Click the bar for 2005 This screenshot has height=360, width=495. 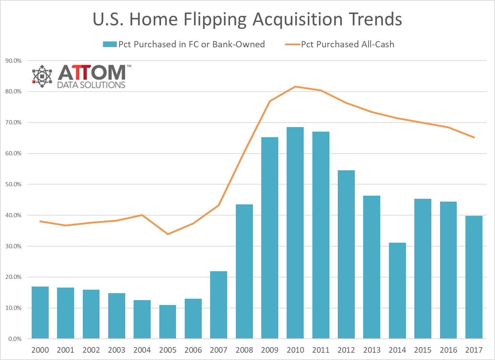click(x=168, y=322)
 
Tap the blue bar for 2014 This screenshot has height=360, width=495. click(x=397, y=290)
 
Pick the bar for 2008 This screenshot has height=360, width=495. click(x=244, y=271)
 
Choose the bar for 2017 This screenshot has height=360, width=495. click(x=474, y=277)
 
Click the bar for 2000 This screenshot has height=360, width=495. click(x=40, y=312)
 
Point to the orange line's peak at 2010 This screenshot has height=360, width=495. click(x=295, y=86)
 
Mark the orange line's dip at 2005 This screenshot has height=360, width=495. click(x=168, y=234)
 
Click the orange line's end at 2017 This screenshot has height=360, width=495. click(x=474, y=138)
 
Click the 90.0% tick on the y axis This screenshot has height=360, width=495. click(x=13, y=61)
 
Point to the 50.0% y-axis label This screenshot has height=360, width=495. click(x=13, y=184)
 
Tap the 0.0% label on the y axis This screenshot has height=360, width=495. click(x=15, y=339)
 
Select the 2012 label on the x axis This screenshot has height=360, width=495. click(x=346, y=350)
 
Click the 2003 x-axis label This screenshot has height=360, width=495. click(x=117, y=350)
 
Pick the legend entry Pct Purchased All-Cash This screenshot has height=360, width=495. click(x=347, y=45)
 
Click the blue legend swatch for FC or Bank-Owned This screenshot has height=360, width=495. click(x=110, y=45)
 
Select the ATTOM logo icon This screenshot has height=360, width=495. click(x=42, y=76)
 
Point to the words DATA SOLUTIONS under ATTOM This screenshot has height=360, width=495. click(x=91, y=85)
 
